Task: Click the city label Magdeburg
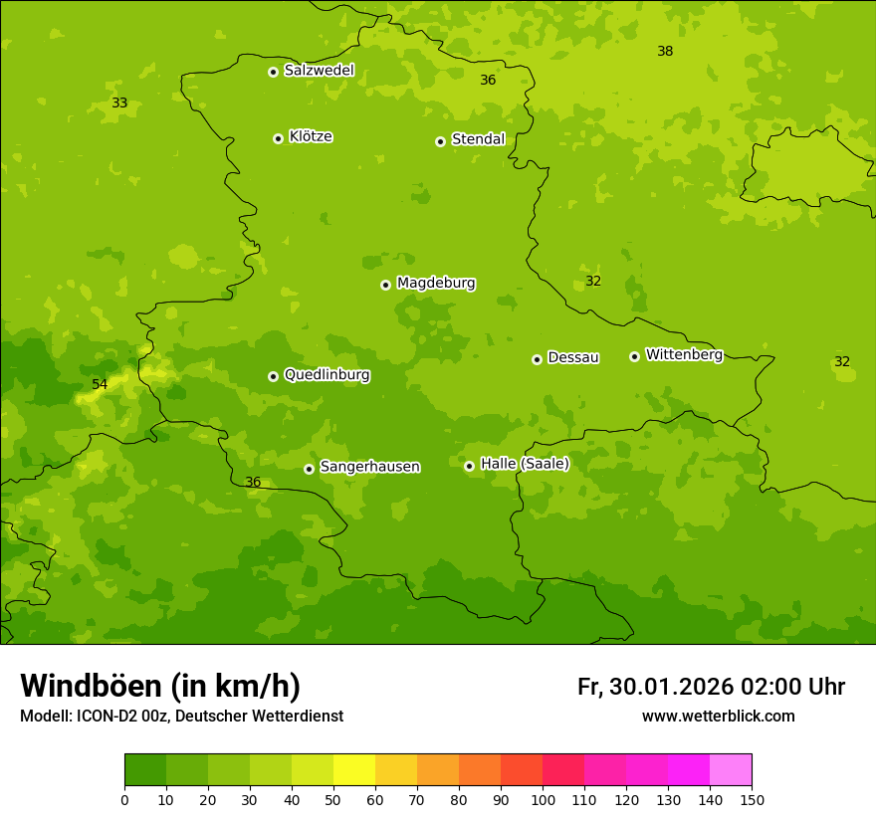(436, 284)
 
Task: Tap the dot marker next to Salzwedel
(273, 72)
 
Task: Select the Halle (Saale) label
(525, 464)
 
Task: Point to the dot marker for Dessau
(537, 359)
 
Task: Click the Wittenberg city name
(684, 355)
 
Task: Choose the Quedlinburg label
(327, 375)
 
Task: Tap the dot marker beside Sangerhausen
(309, 469)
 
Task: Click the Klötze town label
(311, 137)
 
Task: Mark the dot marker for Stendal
(440, 141)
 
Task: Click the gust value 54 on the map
(100, 385)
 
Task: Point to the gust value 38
(665, 52)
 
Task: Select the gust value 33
(119, 103)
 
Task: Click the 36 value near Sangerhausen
(253, 483)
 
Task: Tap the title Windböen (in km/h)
(160, 686)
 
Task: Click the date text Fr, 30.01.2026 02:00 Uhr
(711, 687)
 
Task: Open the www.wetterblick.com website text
(718, 717)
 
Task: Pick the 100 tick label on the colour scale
(543, 799)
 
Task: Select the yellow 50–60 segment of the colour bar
(354, 770)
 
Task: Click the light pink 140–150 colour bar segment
(731, 770)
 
